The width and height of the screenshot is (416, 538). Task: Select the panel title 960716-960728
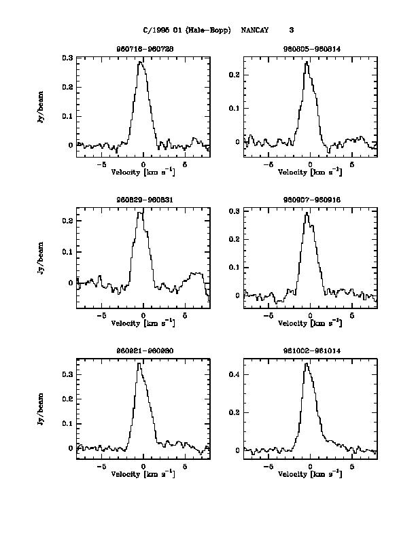143,50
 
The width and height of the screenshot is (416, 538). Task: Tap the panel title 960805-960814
309,50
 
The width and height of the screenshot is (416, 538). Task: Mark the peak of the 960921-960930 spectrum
139,363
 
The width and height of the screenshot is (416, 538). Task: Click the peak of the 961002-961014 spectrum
306,363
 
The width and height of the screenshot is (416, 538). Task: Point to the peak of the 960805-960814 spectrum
307,62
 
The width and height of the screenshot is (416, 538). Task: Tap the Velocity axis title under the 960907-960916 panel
310,323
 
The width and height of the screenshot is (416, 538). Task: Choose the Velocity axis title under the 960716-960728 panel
143,173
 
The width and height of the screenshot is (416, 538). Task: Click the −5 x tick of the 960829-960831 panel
101,316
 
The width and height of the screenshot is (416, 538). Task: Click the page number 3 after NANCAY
291,30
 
